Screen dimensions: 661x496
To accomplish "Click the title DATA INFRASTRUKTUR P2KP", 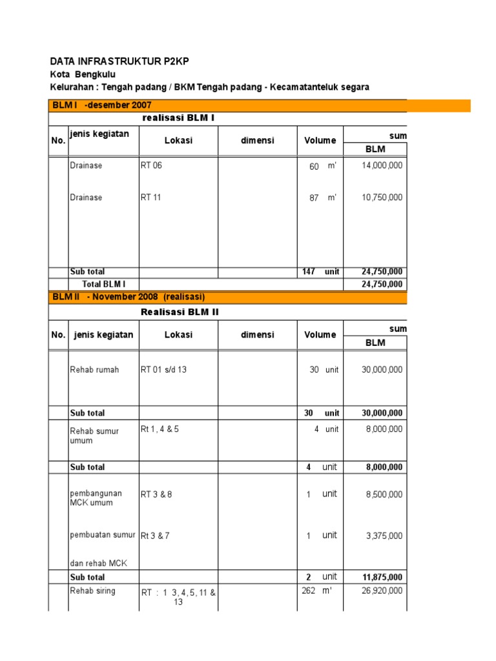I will [x=119, y=61].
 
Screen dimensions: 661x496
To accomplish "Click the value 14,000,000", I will [x=381, y=166].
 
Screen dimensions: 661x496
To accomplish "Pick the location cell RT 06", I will [x=151, y=166].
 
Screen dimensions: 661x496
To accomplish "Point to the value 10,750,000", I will [x=381, y=198].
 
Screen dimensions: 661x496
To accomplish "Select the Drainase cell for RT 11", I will [x=86, y=198].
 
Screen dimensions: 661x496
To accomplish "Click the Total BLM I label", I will [x=103, y=284].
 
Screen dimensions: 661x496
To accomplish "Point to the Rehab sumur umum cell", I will [x=94, y=436].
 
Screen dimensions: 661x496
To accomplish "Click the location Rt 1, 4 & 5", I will [x=160, y=429].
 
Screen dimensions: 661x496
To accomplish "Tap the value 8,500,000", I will [x=383, y=494].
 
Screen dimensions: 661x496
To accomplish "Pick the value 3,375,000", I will [x=383, y=536].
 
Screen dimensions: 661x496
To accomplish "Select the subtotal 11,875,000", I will [x=382, y=577].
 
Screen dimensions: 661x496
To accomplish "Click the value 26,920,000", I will [x=381, y=591].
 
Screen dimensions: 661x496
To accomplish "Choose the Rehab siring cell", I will [x=92, y=591].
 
